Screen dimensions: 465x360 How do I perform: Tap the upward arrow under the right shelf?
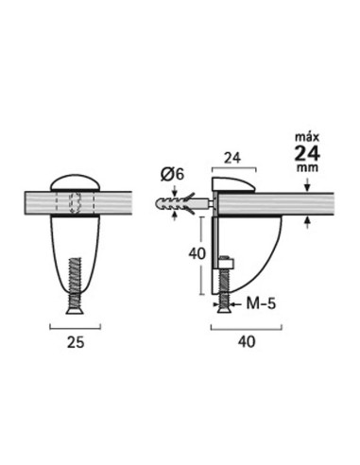click(x=309, y=223)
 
